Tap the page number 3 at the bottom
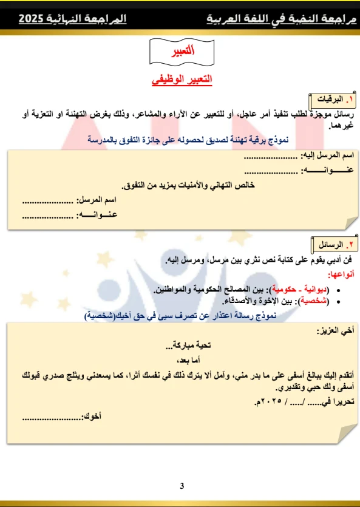point(181,486)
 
